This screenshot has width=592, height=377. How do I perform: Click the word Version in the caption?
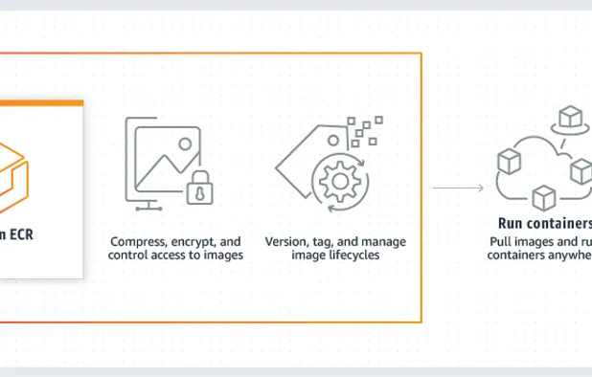click(x=285, y=242)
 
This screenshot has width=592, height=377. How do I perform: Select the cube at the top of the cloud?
click(x=572, y=119)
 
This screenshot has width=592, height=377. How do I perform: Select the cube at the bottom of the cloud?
click(x=543, y=199)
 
